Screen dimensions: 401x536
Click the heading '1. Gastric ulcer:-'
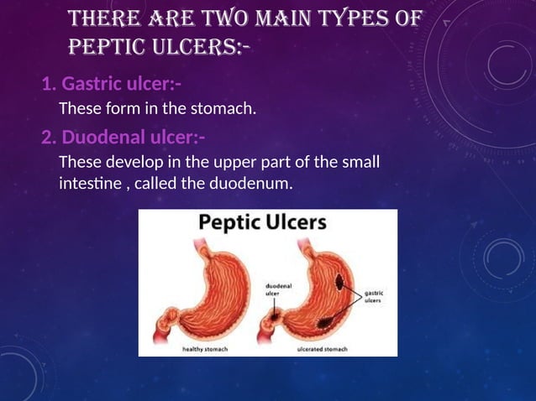click(x=112, y=85)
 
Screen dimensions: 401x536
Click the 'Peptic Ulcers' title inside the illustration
click(x=264, y=224)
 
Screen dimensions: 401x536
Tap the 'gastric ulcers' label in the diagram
click(x=373, y=298)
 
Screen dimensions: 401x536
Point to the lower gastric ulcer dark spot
click(x=324, y=320)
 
